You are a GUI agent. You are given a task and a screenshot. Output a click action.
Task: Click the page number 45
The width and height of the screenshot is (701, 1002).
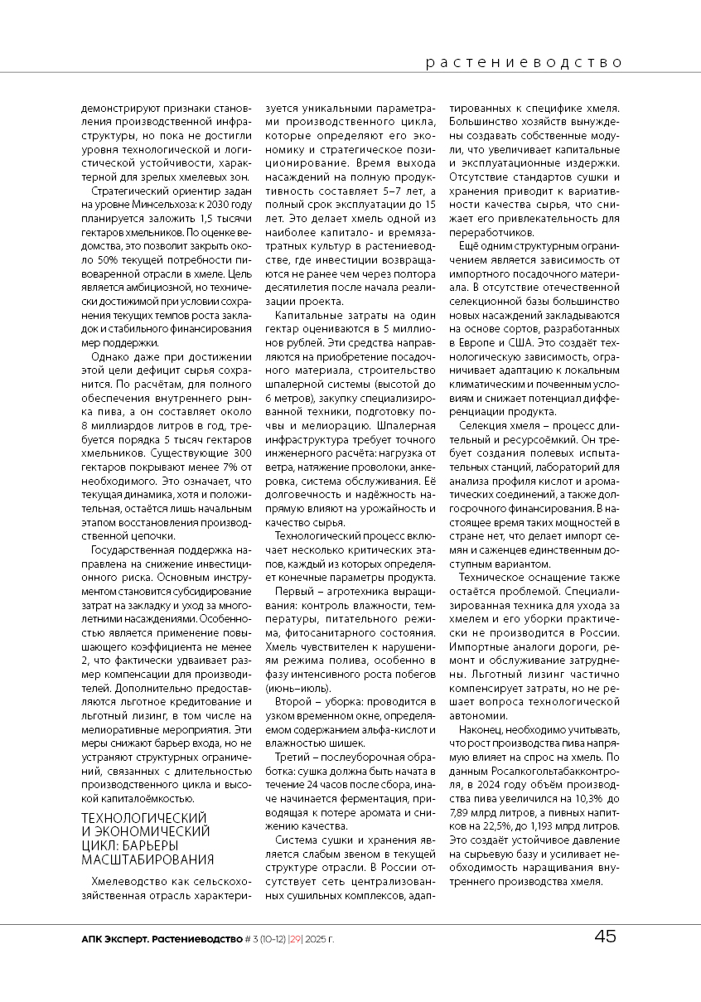tap(605, 937)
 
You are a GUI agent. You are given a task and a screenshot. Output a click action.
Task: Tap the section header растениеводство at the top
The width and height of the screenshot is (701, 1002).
tap(524, 62)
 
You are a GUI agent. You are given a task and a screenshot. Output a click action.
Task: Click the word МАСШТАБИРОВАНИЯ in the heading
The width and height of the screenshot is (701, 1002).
tap(147, 859)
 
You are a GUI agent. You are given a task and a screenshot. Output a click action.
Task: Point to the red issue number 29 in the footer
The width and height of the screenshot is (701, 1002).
tap(295, 939)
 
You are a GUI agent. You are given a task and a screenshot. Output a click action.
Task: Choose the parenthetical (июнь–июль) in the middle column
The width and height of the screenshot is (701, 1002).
tap(287, 687)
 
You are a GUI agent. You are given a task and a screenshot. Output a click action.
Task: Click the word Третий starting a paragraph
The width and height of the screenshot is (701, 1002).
tap(292, 756)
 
